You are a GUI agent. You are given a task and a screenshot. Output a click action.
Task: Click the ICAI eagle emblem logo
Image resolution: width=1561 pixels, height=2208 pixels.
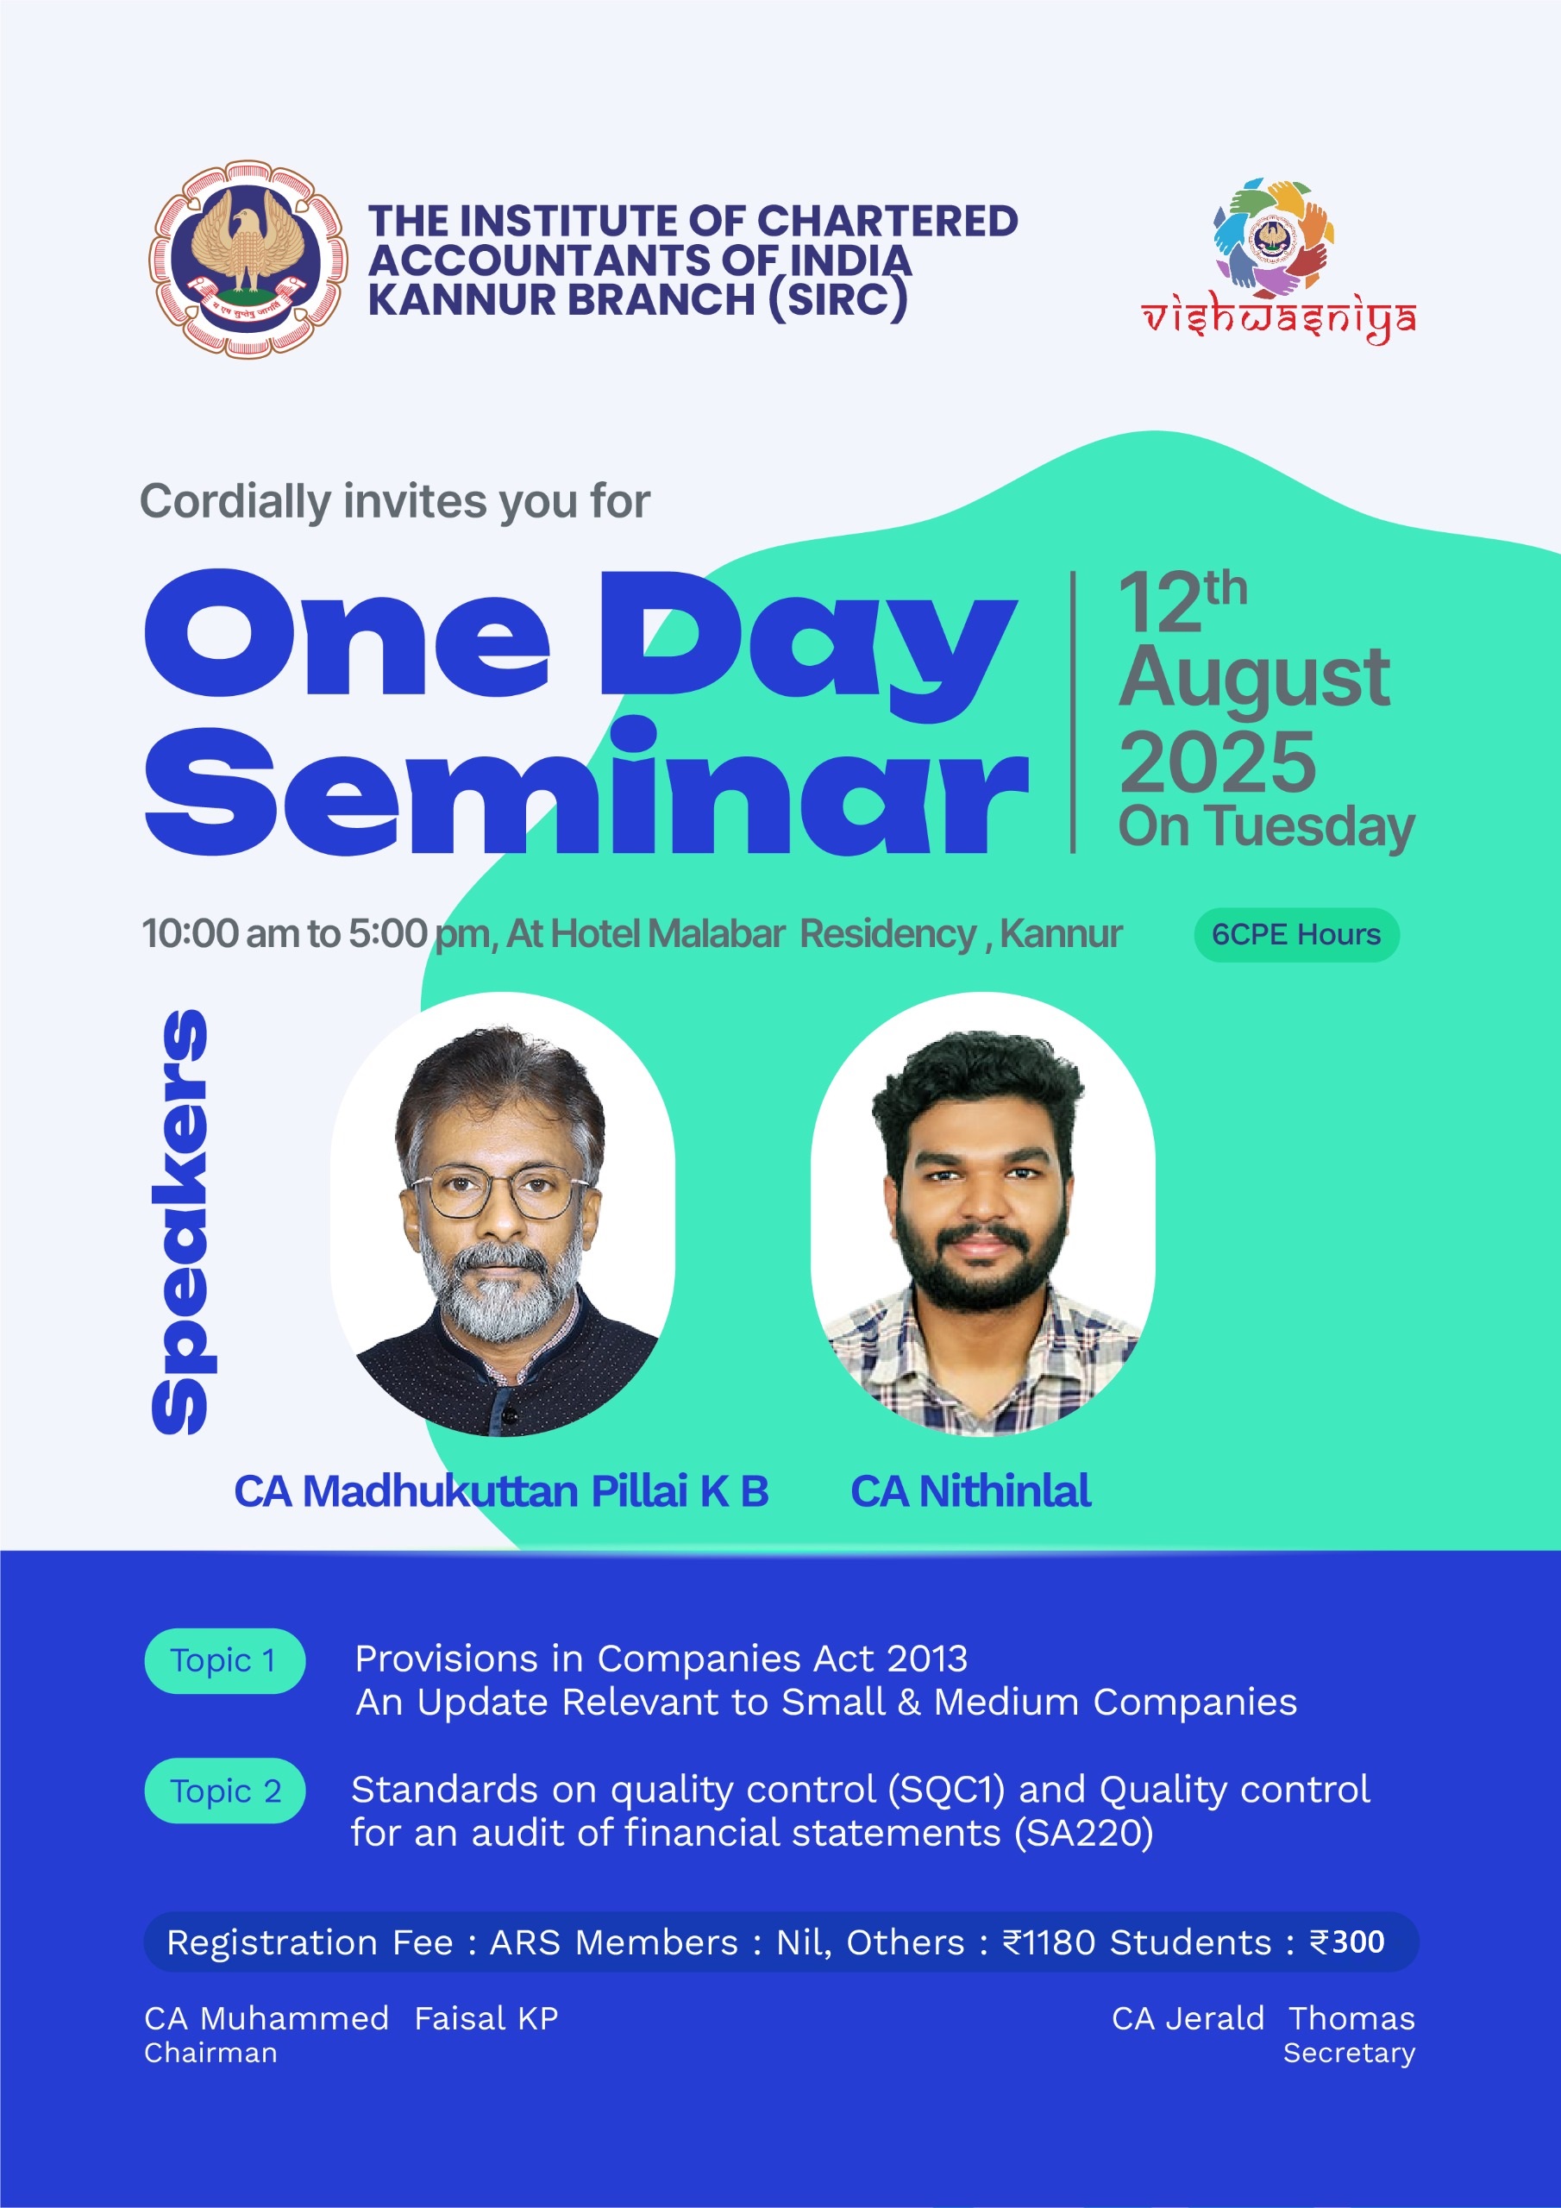pos(248,259)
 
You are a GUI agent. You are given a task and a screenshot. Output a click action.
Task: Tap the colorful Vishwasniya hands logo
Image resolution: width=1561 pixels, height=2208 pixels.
pos(1271,236)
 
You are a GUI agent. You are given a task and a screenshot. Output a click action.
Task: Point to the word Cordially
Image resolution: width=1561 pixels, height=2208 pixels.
pos(235,502)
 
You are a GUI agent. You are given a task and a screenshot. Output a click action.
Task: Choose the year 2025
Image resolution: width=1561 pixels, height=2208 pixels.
pos(1218,761)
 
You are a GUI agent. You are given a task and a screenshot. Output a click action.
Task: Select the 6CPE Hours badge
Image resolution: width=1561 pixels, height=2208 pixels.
pos(1296,935)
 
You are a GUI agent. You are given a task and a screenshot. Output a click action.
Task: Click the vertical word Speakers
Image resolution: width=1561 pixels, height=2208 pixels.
pos(180,1222)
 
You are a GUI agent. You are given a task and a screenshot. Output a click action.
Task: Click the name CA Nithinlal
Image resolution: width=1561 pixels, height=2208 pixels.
pos(970,1491)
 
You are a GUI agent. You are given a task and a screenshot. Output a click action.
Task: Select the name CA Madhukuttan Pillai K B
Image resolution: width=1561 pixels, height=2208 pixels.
pos(501,1491)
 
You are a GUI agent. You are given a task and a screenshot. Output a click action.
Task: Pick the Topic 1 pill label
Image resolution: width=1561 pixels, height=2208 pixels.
pos(224,1661)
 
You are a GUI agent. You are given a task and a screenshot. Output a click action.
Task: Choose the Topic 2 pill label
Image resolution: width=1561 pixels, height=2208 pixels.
pos(224,1791)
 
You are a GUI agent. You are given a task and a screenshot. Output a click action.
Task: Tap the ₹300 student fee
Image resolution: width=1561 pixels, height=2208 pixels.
pos(1347,1942)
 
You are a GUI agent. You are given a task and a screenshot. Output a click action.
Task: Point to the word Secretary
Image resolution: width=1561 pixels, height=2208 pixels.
pos(1350,2053)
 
